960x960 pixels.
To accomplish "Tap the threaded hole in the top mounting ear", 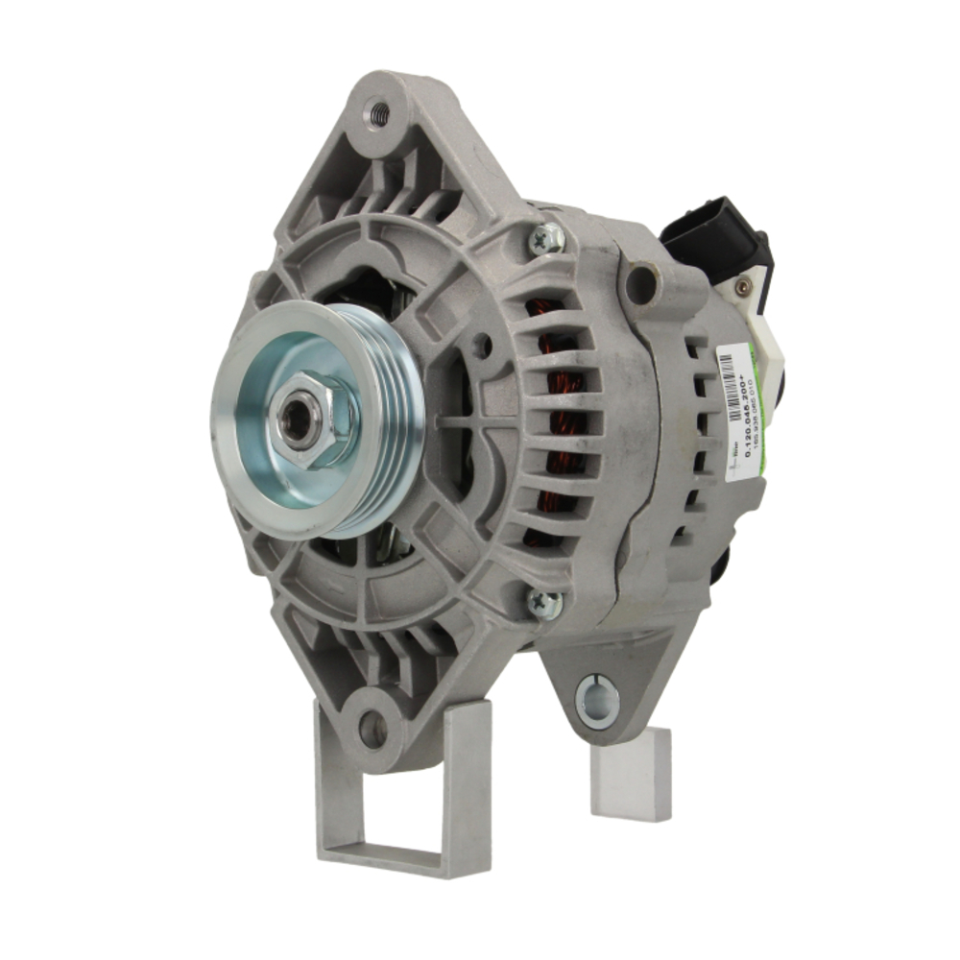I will click(379, 113).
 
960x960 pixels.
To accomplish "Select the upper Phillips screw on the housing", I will click(549, 237).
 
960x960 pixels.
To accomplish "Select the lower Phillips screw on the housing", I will click(543, 603).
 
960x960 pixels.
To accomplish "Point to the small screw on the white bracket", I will click(740, 286).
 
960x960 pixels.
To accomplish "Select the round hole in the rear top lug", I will click(639, 283).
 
